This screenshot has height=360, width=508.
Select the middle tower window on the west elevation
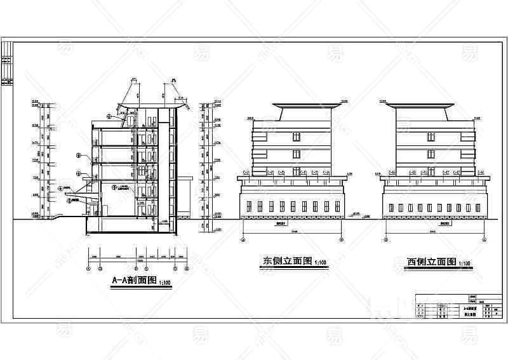(x=430, y=152)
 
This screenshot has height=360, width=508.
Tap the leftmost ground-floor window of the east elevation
(x=250, y=208)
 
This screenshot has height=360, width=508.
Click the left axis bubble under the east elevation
(x=243, y=241)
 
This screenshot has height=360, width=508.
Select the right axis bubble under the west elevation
(x=485, y=241)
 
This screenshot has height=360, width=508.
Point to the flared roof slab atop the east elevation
(x=296, y=104)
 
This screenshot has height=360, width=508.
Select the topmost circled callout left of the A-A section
(x=109, y=116)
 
